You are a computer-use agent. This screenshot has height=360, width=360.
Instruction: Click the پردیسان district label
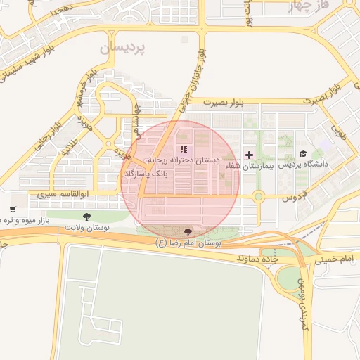pyautogui.click(x=121, y=48)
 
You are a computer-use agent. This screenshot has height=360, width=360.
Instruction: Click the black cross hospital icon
pyautogui.click(x=248, y=155)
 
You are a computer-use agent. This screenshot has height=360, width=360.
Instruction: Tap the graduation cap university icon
pyautogui.click(x=304, y=153)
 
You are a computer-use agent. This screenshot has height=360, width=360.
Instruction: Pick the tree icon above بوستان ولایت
pyautogui.click(x=86, y=217)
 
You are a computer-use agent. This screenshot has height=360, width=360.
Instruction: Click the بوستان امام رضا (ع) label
pyautogui.click(x=188, y=242)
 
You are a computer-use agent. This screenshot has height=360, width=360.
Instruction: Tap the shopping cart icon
pyautogui.click(x=13, y=210)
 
